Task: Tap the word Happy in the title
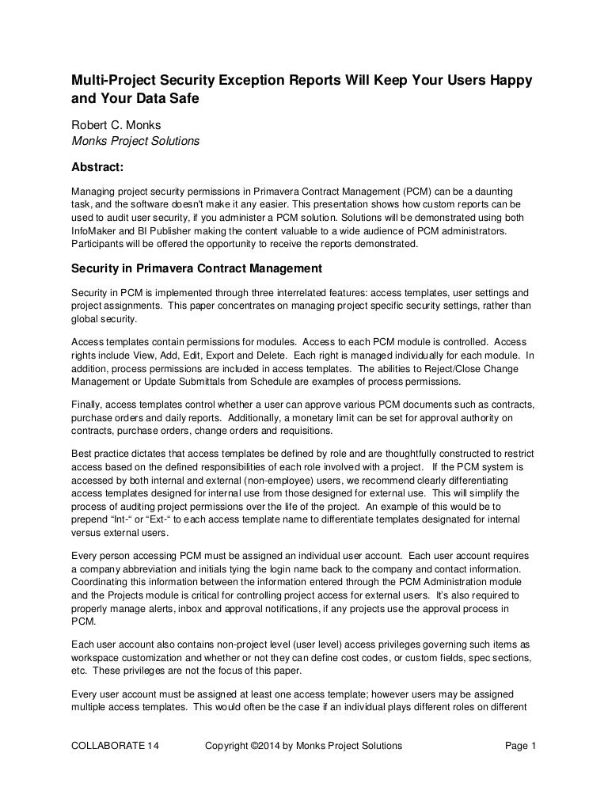(507, 82)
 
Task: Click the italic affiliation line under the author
(135, 142)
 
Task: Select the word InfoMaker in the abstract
(95, 230)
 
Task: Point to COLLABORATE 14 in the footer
(115, 745)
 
